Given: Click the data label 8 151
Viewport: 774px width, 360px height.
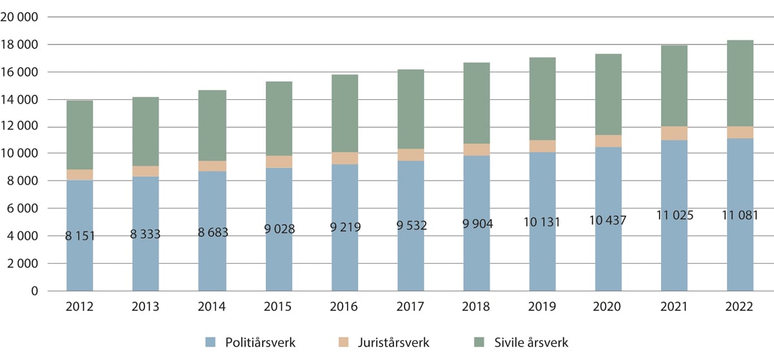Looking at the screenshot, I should (x=79, y=237).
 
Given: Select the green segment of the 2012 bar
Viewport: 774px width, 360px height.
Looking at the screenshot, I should (x=79, y=135).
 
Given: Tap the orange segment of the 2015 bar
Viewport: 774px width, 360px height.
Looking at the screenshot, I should (x=278, y=161).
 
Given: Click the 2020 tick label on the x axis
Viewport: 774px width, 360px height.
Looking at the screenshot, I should (x=608, y=308).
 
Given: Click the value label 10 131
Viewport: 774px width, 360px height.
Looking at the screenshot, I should (x=542, y=223).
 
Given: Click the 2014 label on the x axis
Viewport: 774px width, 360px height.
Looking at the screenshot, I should (x=212, y=308).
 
